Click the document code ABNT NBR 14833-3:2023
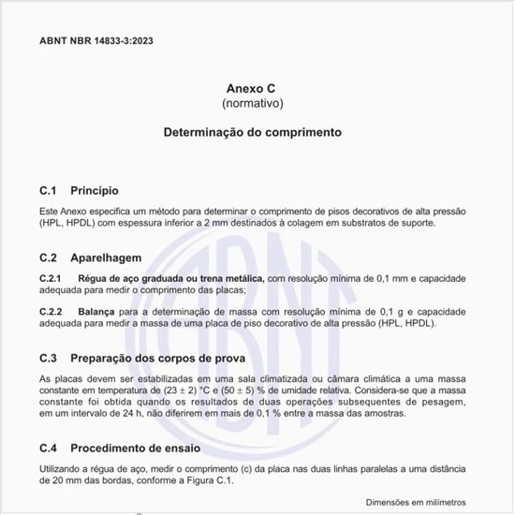coord(97,41)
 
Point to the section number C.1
coord(49,190)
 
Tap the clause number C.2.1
coord(51,279)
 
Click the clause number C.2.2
coord(51,311)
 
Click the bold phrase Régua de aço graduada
coord(132,279)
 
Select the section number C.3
coord(50,358)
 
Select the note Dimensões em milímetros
coord(415,504)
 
